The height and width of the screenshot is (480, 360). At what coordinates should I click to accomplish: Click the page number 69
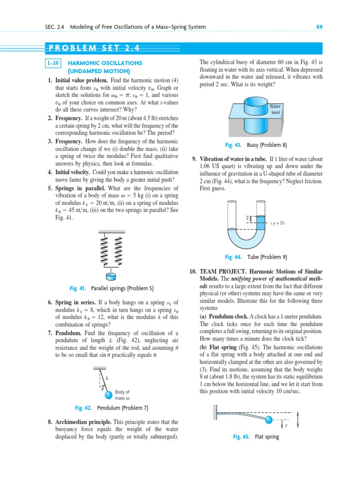click(x=319, y=27)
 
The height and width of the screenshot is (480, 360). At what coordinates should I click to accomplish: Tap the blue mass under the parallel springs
click(x=112, y=276)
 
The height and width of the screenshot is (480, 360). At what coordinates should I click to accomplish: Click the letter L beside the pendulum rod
click(x=107, y=377)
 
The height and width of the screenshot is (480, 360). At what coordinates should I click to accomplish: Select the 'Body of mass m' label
click(x=122, y=395)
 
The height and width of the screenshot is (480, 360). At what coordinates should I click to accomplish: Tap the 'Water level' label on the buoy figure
click(x=275, y=109)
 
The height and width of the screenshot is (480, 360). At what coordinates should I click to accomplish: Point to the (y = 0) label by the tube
click(x=277, y=223)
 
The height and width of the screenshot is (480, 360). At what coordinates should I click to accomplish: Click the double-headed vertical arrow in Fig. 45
click(x=298, y=419)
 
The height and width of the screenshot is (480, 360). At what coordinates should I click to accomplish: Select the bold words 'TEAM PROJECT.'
click(x=223, y=271)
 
